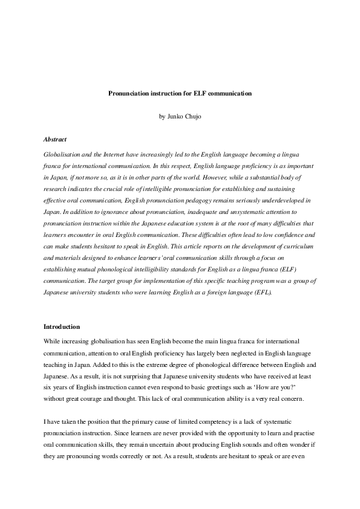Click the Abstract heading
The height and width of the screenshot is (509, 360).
click(55, 138)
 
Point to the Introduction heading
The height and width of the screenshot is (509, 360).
click(62, 326)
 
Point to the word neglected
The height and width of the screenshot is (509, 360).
click(221, 352)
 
